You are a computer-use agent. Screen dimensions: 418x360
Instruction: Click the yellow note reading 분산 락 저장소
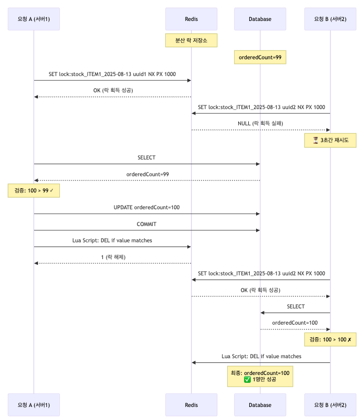pyautogui.click(x=191, y=40)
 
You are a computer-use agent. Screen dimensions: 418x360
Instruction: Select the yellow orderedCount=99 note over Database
pyautogui.click(x=260, y=57)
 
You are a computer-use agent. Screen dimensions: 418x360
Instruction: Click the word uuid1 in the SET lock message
pyautogui.click(x=139, y=74)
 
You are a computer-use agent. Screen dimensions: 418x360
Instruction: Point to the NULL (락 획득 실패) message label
pyautogui.click(x=261, y=124)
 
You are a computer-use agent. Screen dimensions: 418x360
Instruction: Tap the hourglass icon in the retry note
pyautogui.click(x=315, y=141)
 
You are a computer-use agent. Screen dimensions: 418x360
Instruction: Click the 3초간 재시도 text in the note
pyautogui.click(x=334, y=141)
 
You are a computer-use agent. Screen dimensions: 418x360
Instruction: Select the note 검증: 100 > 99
pyautogui.click(x=34, y=190)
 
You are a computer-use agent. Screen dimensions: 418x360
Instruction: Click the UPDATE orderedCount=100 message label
pyautogui.click(x=146, y=207)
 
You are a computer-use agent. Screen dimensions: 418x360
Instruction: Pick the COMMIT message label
pyautogui.click(x=146, y=224)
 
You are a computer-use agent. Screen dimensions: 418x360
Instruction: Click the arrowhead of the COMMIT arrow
pyautogui.click(x=258, y=230)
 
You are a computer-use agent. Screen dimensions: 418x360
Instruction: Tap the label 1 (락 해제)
pyautogui.click(x=112, y=257)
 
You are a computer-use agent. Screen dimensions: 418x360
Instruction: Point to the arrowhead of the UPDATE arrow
pyautogui.click(x=258, y=213)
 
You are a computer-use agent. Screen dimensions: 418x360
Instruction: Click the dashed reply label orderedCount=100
pyautogui.click(x=295, y=323)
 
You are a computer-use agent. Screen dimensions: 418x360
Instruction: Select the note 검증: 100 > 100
pyautogui.click(x=330, y=339)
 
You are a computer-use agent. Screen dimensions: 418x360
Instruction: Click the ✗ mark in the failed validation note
pyautogui.click(x=349, y=339)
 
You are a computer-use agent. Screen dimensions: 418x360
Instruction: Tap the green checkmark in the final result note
pyautogui.click(x=247, y=379)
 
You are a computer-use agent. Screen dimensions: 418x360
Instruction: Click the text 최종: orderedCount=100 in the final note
pyautogui.click(x=260, y=372)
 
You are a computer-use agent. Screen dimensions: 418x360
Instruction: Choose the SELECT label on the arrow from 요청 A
pyautogui.click(x=146, y=157)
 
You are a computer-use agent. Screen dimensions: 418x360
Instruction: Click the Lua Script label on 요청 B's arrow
pyautogui.click(x=261, y=356)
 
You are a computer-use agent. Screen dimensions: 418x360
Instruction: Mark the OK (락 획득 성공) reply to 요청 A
pyautogui.click(x=112, y=90)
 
